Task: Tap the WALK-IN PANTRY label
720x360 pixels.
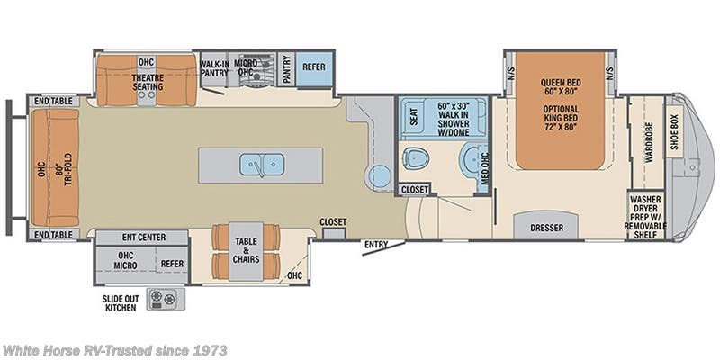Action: (214, 68)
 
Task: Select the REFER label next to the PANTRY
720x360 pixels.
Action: (313, 66)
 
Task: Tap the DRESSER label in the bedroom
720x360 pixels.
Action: (546, 228)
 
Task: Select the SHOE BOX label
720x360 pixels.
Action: (674, 132)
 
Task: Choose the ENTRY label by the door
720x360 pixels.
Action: (376, 244)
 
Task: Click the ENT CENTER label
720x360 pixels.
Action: (142, 238)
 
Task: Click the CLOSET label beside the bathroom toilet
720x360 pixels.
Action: (415, 190)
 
